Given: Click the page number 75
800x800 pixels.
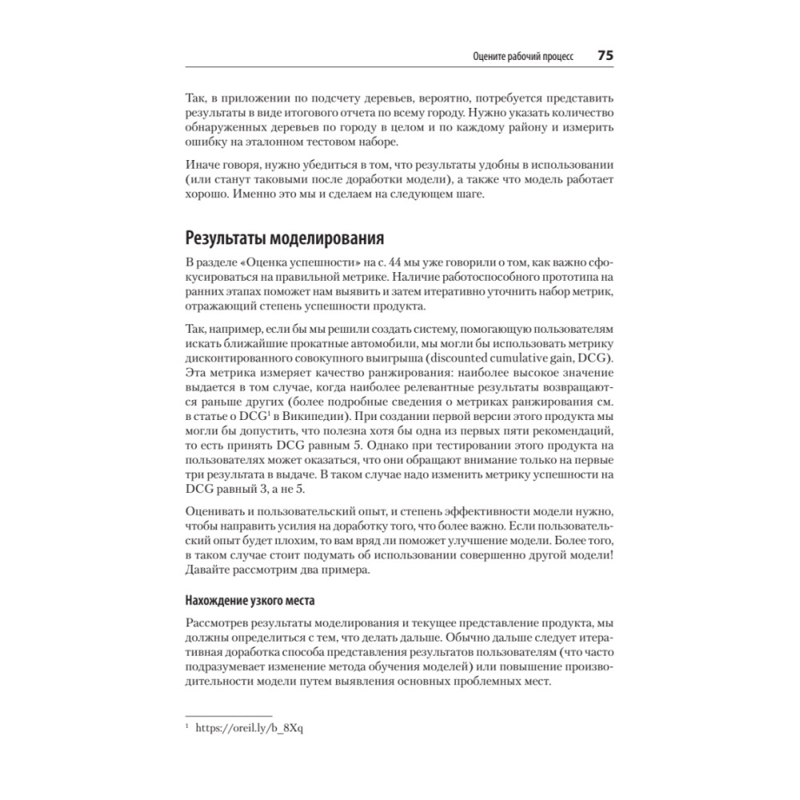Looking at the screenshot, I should pyautogui.click(x=604, y=56).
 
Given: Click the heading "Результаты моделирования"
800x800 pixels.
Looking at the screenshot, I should pyautogui.click(x=284, y=238).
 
